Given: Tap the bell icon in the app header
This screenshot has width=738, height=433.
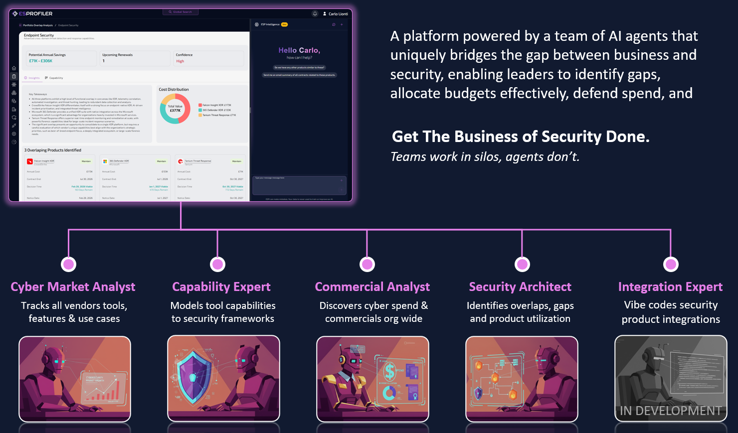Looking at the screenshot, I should click(x=315, y=14).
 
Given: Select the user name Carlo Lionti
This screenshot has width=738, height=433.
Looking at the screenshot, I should click(x=338, y=14).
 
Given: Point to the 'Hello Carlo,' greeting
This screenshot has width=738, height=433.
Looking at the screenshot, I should click(x=299, y=50).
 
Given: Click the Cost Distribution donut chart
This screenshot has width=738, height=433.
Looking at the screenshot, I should click(x=175, y=109).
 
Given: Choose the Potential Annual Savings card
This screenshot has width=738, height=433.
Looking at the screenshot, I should click(x=61, y=58).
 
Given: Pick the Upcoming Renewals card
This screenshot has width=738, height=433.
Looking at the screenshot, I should click(x=136, y=58).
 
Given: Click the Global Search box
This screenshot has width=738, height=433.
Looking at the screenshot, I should click(x=181, y=11).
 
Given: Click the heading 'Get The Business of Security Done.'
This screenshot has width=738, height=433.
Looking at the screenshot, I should click(x=521, y=137).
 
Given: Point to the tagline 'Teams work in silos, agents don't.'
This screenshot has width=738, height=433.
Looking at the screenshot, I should click(x=485, y=157).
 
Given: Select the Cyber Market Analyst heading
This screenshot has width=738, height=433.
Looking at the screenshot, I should click(x=73, y=287).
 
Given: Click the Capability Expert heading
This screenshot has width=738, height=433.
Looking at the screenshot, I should click(x=221, y=287).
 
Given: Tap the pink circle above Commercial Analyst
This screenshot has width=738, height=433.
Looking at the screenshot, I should click(x=368, y=264).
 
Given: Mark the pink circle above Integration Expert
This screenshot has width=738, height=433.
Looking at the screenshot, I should click(x=671, y=264).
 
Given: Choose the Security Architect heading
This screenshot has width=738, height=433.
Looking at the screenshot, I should click(x=520, y=287).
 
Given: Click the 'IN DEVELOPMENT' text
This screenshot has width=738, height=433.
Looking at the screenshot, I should click(x=671, y=411).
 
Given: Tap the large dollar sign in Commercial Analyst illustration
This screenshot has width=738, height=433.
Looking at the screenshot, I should click(x=389, y=371).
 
